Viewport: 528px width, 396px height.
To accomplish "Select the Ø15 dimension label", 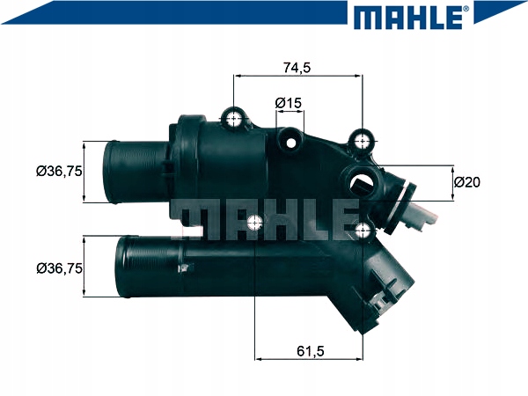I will click(x=289, y=104).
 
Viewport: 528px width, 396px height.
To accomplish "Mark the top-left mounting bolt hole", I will click(x=234, y=119).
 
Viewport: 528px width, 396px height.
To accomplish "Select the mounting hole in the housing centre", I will click(x=255, y=223).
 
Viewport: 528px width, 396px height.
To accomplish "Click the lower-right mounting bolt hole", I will click(x=363, y=230).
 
